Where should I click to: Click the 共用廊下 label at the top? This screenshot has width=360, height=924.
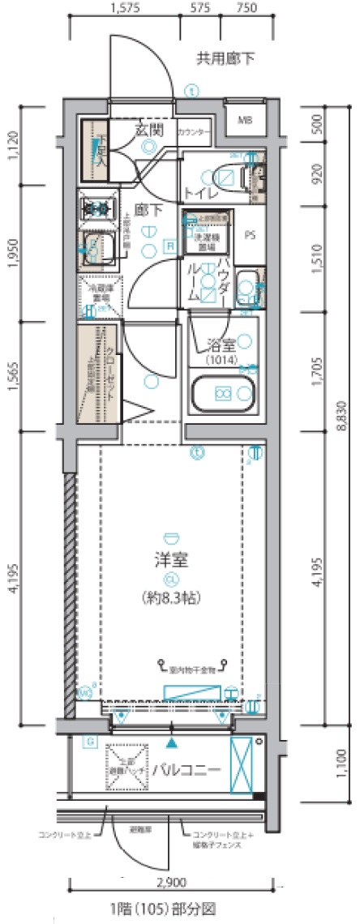(x=225, y=58)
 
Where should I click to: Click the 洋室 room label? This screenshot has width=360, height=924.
(x=171, y=560)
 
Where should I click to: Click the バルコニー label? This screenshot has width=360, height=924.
(x=188, y=768)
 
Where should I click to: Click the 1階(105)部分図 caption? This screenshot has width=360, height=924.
(x=169, y=908)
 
